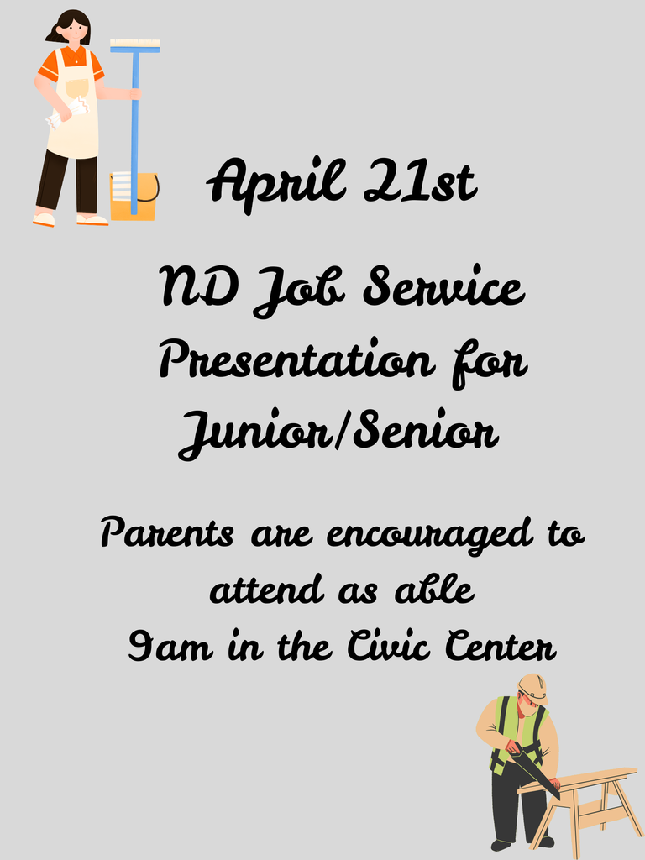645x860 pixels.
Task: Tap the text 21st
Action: (421, 181)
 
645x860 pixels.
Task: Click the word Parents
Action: (168, 534)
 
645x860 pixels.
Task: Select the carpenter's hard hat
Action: (532, 687)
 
